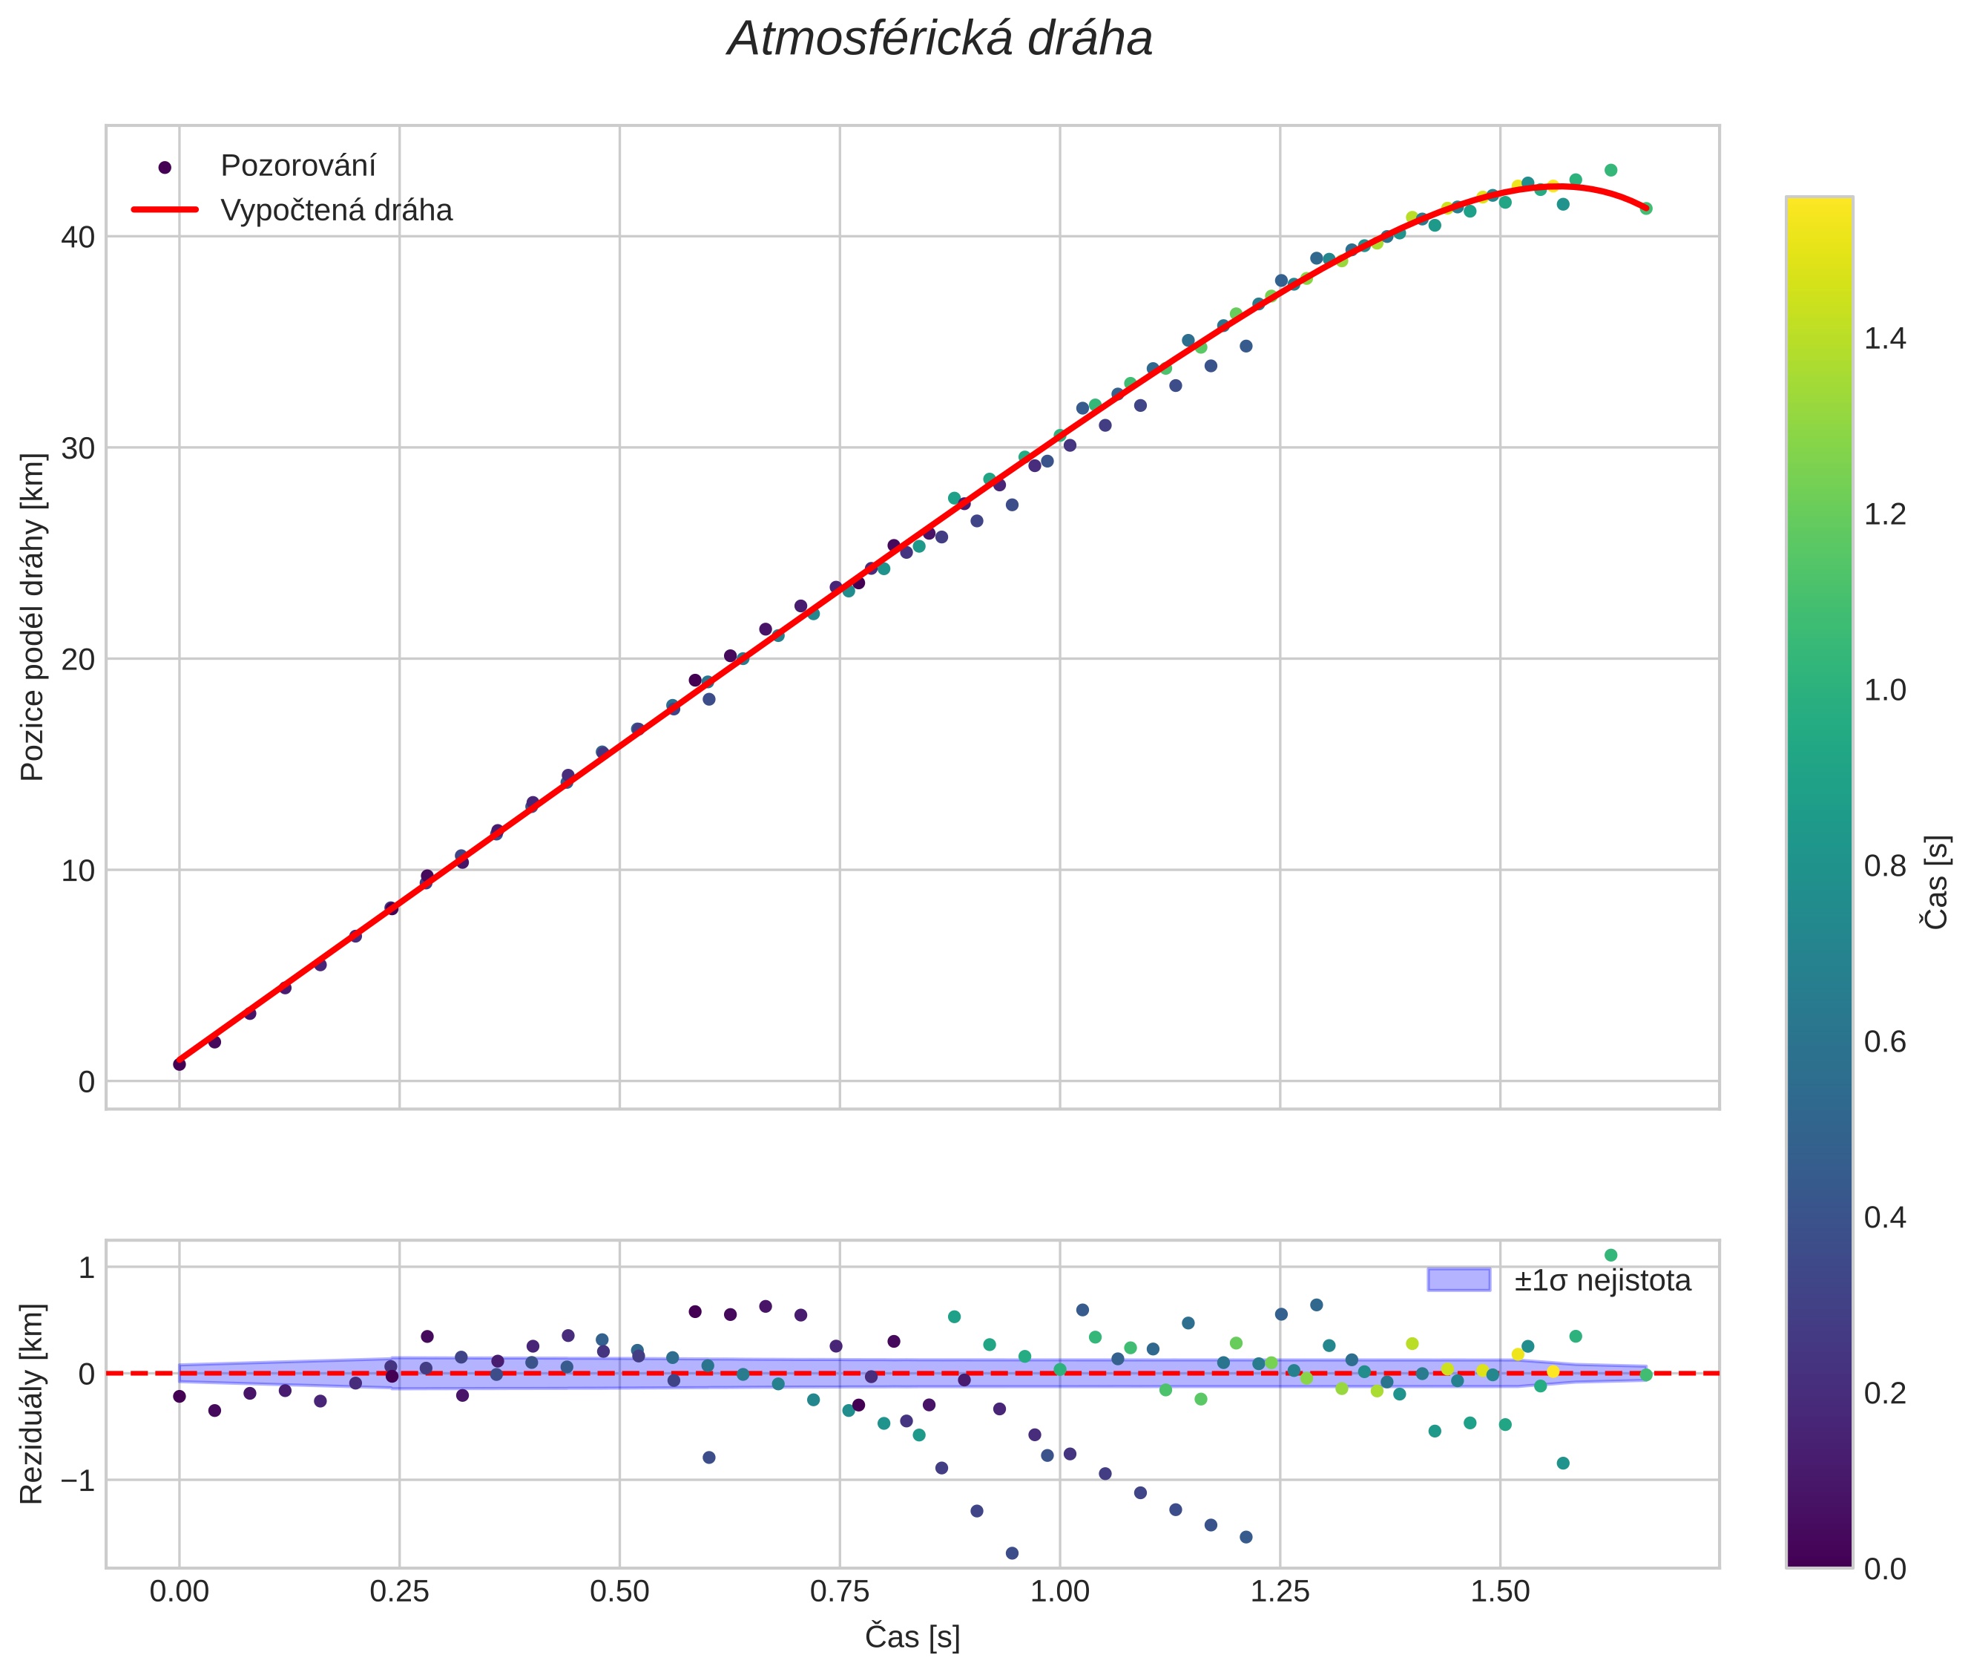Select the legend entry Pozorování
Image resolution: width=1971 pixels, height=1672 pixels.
297,166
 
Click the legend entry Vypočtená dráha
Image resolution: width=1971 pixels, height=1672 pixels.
336,211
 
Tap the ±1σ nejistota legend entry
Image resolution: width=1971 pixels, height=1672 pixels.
1602,1281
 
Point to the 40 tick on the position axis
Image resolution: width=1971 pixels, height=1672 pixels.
78,237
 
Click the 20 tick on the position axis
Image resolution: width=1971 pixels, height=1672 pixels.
78,660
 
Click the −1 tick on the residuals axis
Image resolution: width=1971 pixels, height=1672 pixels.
74,1481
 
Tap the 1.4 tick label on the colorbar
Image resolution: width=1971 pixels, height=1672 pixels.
1885,339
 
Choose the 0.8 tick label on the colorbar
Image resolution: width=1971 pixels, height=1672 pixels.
1885,866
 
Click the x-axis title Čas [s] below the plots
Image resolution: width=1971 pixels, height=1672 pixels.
912,1637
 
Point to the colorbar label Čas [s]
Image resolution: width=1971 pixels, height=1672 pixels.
1937,882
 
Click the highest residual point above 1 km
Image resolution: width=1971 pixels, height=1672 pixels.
1610,1256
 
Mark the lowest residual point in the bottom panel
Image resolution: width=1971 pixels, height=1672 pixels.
1012,1553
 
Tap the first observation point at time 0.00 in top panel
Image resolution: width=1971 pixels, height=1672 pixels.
179,1064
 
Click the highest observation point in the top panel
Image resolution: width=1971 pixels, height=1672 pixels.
1610,171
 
